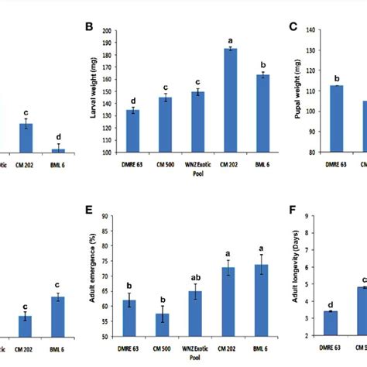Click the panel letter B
pyautogui.click(x=89, y=28)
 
